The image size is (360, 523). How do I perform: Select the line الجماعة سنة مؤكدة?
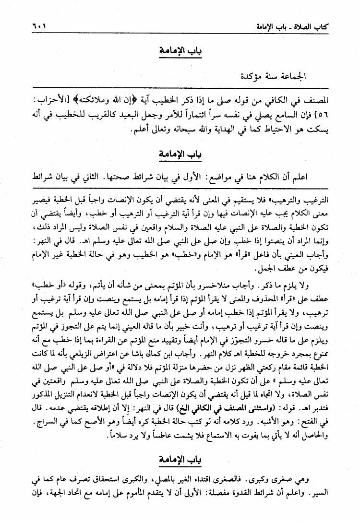pyautogui.click(x=279, y=76)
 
